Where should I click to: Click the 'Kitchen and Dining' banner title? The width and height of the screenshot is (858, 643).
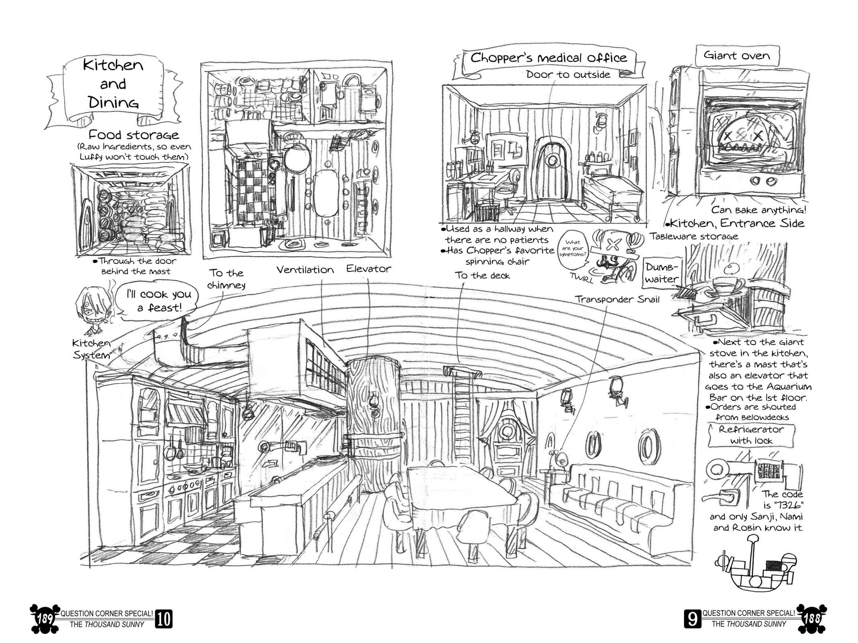point(113,84)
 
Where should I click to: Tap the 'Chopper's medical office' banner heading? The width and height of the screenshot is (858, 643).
point(548,58)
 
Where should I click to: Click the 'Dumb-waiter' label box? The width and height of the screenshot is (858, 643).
point(662,273)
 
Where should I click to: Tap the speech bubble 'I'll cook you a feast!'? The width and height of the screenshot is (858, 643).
point(159,301)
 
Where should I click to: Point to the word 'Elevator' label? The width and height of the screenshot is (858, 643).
point(368,269)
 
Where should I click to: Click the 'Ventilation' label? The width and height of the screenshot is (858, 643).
point(305,270)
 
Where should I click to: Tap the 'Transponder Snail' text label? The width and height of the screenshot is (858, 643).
point(617,299)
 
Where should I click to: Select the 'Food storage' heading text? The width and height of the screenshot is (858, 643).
point(134,134)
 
